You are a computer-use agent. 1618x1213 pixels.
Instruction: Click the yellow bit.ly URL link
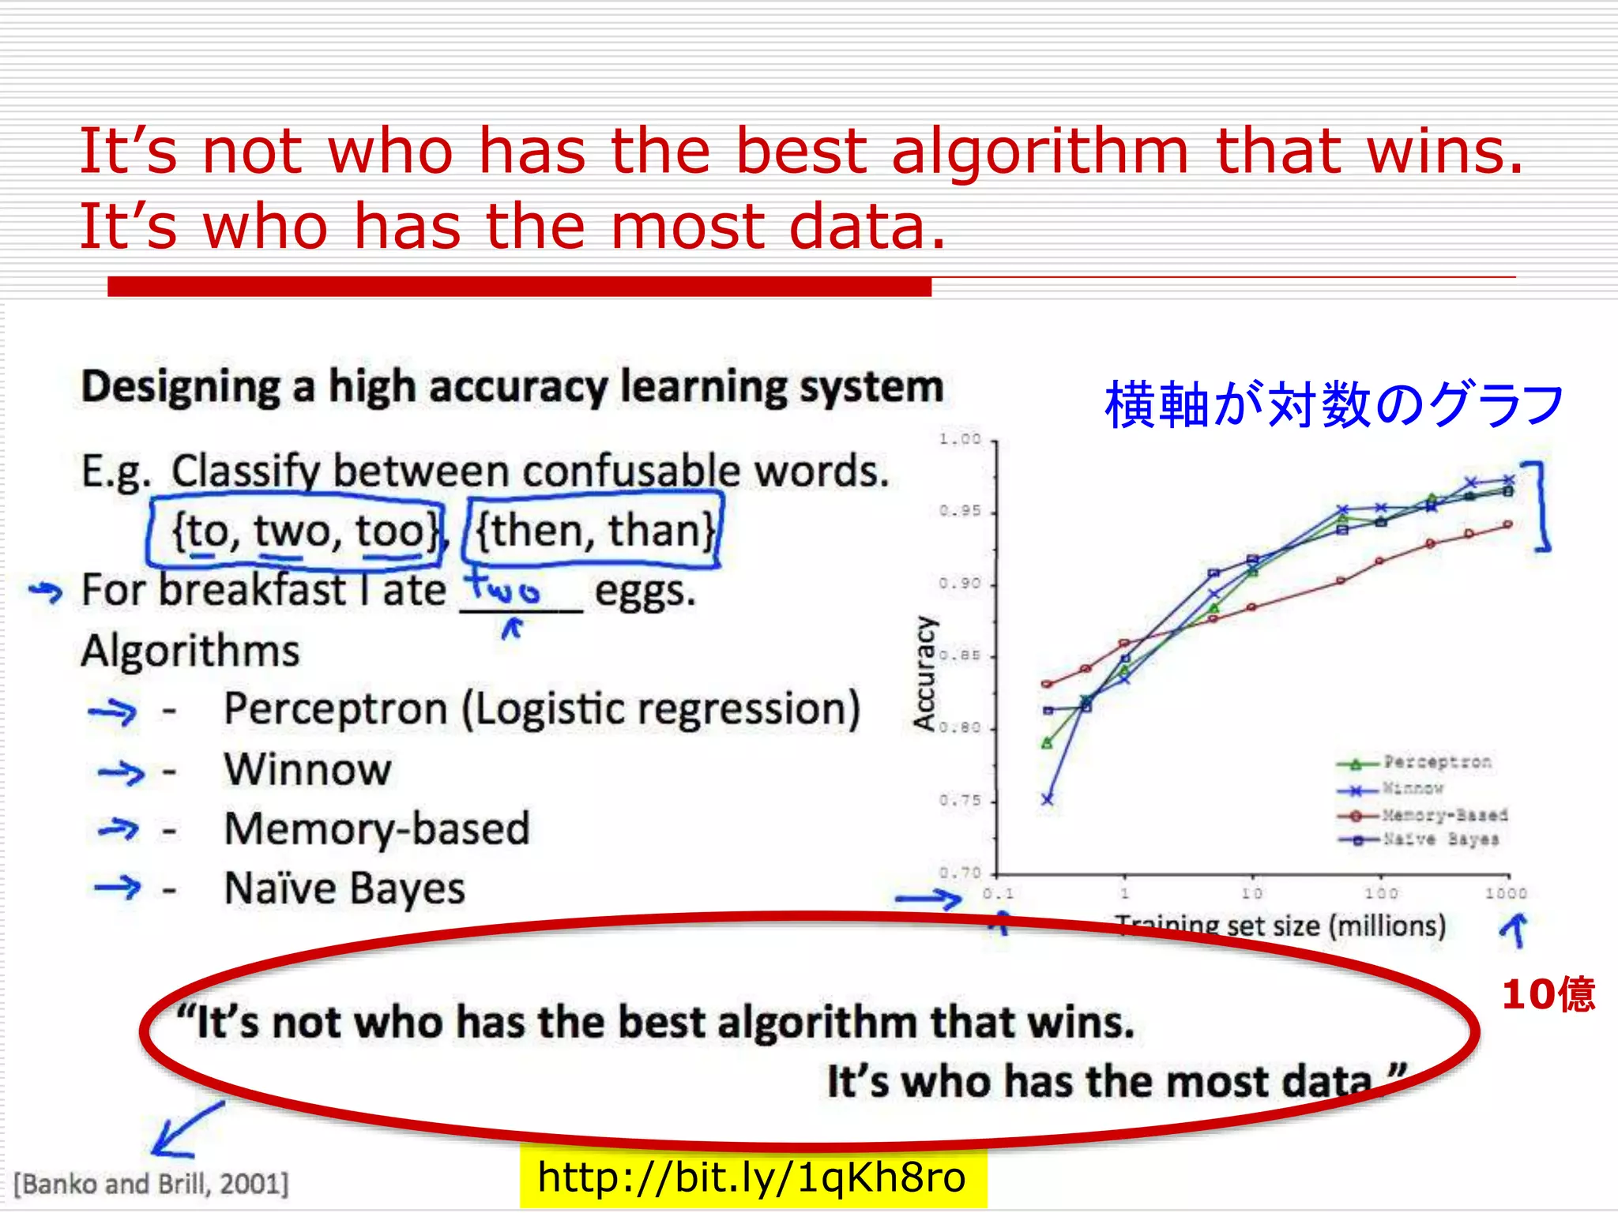pyautogui.click(x=751, y=1177)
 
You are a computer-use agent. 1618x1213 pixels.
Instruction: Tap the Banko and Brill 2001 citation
pyautogui.click(x=152, y=1184)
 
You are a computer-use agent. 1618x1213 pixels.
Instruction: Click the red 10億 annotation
pyautogui.click(x=1548, y=994)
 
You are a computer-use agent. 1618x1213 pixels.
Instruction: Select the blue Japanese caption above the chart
pyautogui.click(x=1334, y=405)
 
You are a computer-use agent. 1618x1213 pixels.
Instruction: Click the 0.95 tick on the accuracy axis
pyautogui.click(x=960, y=512)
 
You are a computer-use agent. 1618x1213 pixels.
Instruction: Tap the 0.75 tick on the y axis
pyautogui.click(x=960, y=801)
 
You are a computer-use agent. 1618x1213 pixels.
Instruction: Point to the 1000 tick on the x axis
pyautogui.click(x=1506, y=893)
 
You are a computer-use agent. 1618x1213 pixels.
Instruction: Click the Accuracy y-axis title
pyautogui.click(x=924, y=674)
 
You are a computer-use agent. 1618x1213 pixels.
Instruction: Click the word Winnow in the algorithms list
pyautogui.click(x=307, y=769)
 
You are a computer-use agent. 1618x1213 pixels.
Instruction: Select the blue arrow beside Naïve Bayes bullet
pyautogui.click(x=117, y=888)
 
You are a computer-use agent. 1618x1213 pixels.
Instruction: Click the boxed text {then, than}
pyautogui.click(x=594, y=530)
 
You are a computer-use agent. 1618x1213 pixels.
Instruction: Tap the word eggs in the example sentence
pyautogui.click(x=645, y=590)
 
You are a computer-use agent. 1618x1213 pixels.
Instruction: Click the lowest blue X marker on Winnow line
pyautogui.click(x=1047, y=800)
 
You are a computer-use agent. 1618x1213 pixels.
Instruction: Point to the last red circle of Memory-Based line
pyautogui.click(x=1507, y=524)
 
